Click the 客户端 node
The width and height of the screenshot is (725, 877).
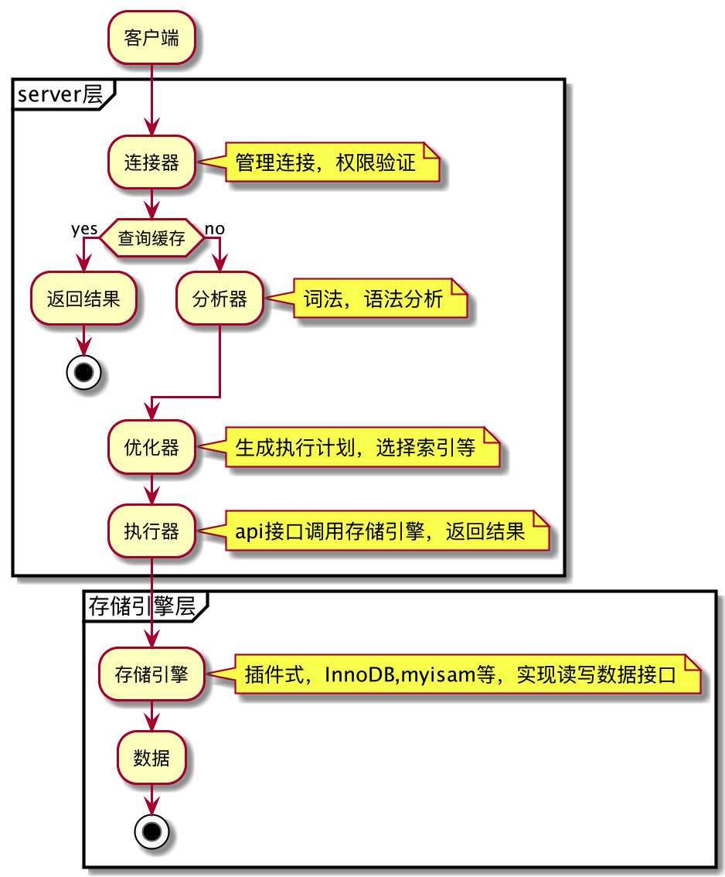[x=151, y=38]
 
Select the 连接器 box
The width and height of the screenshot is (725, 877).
[x=151, y=162]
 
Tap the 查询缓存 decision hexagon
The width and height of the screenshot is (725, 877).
[x=151, y=240]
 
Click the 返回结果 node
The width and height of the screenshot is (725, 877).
[x=83, y=299]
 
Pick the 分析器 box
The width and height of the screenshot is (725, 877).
[x=221, y=299]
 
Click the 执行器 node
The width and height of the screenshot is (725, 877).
[x=151, y=531]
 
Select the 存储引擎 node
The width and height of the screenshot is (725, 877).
[x=151, y=674]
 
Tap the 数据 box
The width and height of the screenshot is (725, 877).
[x=151, y=756]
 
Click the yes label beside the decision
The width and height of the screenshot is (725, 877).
[x=84, y=229]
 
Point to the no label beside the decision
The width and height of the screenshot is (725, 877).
[x=215, y=229]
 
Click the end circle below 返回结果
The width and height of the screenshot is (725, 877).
[x=83, y=372]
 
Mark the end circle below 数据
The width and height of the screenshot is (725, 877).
[x=151, y=831]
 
